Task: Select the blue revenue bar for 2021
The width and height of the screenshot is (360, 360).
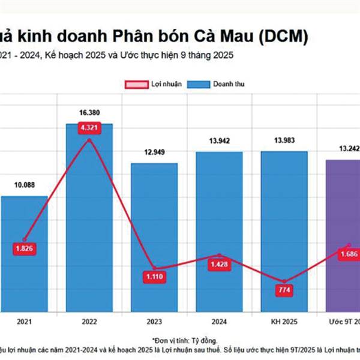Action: tap(24, 270)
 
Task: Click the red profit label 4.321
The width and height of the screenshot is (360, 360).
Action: tap(89, 128)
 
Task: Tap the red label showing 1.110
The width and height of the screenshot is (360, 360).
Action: tap(154, 277)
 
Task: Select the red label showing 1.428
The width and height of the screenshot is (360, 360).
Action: tap(220, 265)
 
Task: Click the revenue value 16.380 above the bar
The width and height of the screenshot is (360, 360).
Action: tap(89, 112)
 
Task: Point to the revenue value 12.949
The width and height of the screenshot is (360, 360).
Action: tap(154, 152)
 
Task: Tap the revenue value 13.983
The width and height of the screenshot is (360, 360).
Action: tap(284, 140)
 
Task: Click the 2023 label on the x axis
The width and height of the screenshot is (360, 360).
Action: tap(154, 322)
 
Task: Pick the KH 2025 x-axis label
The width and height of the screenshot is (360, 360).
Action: tap(284, 322)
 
